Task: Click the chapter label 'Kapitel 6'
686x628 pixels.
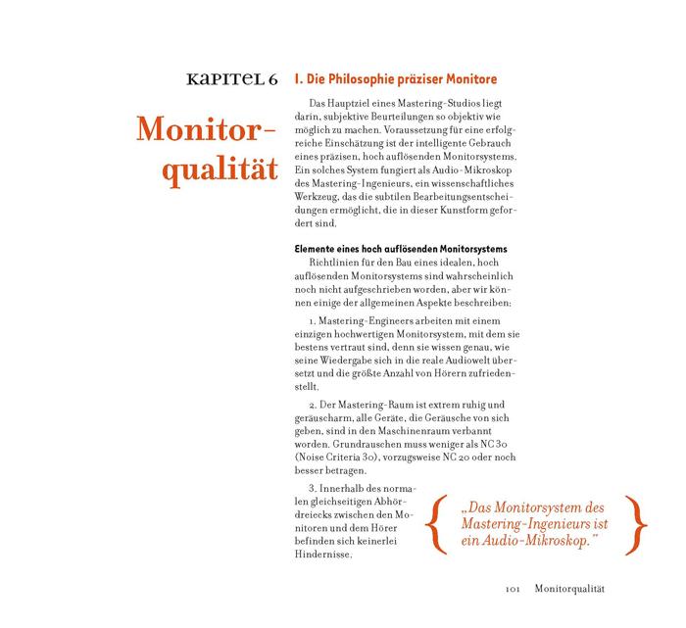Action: pyautogui.click(x=223, y=79)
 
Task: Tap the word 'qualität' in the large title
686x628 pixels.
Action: pyautogui.click(x=214, y=169)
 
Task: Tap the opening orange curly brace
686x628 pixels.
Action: pyautogui.click(x=434, y=524)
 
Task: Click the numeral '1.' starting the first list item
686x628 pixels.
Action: pyautogui.click(x=313, y=322)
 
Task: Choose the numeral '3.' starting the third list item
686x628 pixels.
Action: pyautogui.click(x=313, y=488)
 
